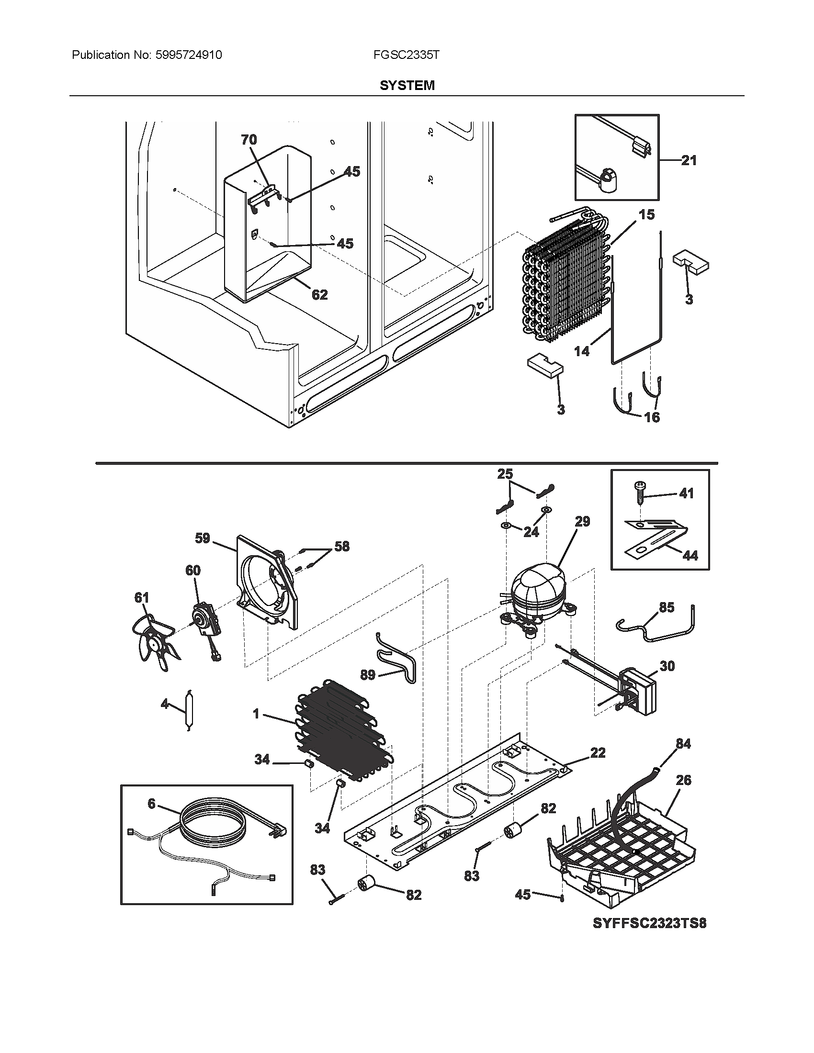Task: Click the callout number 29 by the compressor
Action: click(582, 522)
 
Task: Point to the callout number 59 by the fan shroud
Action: click(203, 538)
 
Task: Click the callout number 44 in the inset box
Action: click(690, 555)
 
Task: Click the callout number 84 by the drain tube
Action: click(683, 744)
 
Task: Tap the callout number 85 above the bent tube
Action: click(667, 607)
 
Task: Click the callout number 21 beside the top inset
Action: click(689, 160)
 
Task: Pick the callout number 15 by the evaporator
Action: click(647, 214)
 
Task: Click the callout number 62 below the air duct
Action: click(319, 294)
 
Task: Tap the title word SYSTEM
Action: click(407, 85)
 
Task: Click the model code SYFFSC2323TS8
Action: click(649, 923)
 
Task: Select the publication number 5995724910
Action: click(189, 55)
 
